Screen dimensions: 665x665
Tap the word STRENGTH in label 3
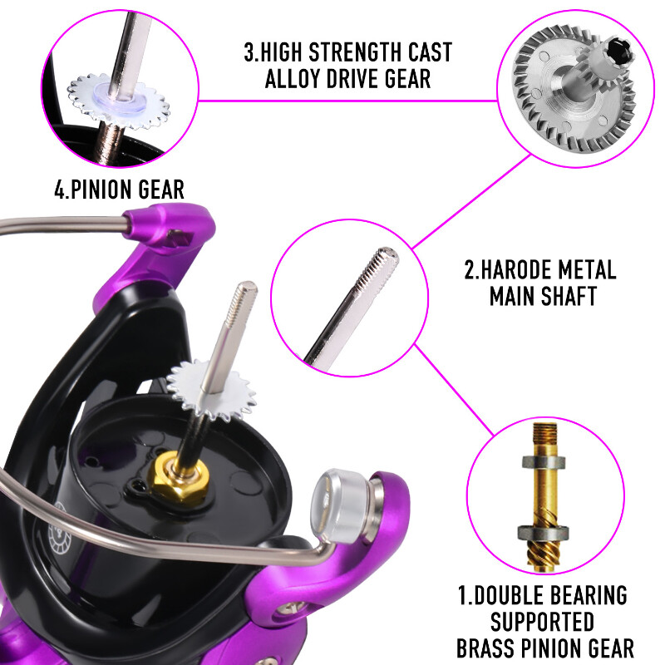pos(353,52)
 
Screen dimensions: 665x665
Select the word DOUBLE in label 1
pos(506,595)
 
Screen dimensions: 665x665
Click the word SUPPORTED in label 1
pos(542,622)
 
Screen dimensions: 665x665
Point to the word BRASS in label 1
pos(485,648)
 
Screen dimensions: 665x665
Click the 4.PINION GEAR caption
pos(119,190)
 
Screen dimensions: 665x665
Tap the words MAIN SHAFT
pos(544,296)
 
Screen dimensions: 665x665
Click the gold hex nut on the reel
pos(180,475)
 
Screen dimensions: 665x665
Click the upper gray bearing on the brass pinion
pos(544,462)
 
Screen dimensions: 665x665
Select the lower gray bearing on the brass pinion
pos(544,532)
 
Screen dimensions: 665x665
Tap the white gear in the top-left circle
pos(119,101)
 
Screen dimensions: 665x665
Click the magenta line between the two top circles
pos(347,101)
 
